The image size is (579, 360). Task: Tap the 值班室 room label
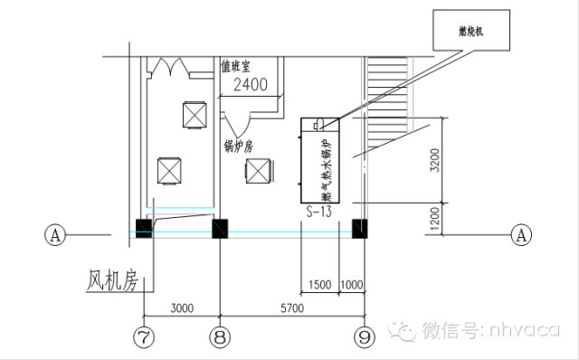click(x=237, y=66)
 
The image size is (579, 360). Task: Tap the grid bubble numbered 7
click(x=142, y=337)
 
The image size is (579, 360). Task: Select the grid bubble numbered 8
click(x=220, y=337)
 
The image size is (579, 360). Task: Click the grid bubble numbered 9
click(x=364, y=337)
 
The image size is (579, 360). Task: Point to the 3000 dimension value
click(x=182, y=308)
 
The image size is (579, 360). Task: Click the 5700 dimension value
click(x=289, y=308)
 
